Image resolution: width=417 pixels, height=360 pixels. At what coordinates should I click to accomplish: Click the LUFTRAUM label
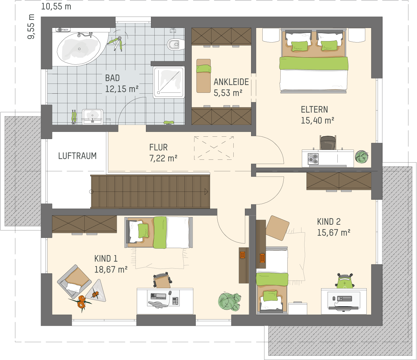(77, 156)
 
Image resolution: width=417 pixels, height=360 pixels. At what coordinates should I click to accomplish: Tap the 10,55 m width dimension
(56, 6)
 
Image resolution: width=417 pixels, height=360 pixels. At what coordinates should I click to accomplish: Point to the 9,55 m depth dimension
(31, 26)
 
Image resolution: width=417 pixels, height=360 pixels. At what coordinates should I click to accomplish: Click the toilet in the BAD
(175, 44)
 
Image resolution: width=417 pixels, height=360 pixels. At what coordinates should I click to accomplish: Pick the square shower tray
(169, 82)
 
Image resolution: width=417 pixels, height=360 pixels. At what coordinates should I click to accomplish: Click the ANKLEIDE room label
(231, 82)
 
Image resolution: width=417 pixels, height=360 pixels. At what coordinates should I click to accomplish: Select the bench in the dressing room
(204, 76)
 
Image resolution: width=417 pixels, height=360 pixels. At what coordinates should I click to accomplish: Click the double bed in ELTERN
(314, 60)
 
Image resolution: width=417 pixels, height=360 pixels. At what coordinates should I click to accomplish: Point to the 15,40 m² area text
(317, 120)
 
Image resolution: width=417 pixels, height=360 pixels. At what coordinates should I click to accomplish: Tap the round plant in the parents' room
(362, 157)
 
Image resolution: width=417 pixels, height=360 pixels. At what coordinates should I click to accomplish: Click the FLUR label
(158, 147)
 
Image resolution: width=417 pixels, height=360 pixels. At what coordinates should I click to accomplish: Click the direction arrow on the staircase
(206, 192)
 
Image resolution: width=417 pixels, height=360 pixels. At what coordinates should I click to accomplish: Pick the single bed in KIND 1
(159, 232)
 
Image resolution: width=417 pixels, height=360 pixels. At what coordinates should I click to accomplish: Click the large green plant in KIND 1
(229, 302)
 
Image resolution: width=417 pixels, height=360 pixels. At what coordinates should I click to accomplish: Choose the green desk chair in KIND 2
(345, 281)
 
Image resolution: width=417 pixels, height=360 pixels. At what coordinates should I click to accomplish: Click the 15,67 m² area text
(333, 233)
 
